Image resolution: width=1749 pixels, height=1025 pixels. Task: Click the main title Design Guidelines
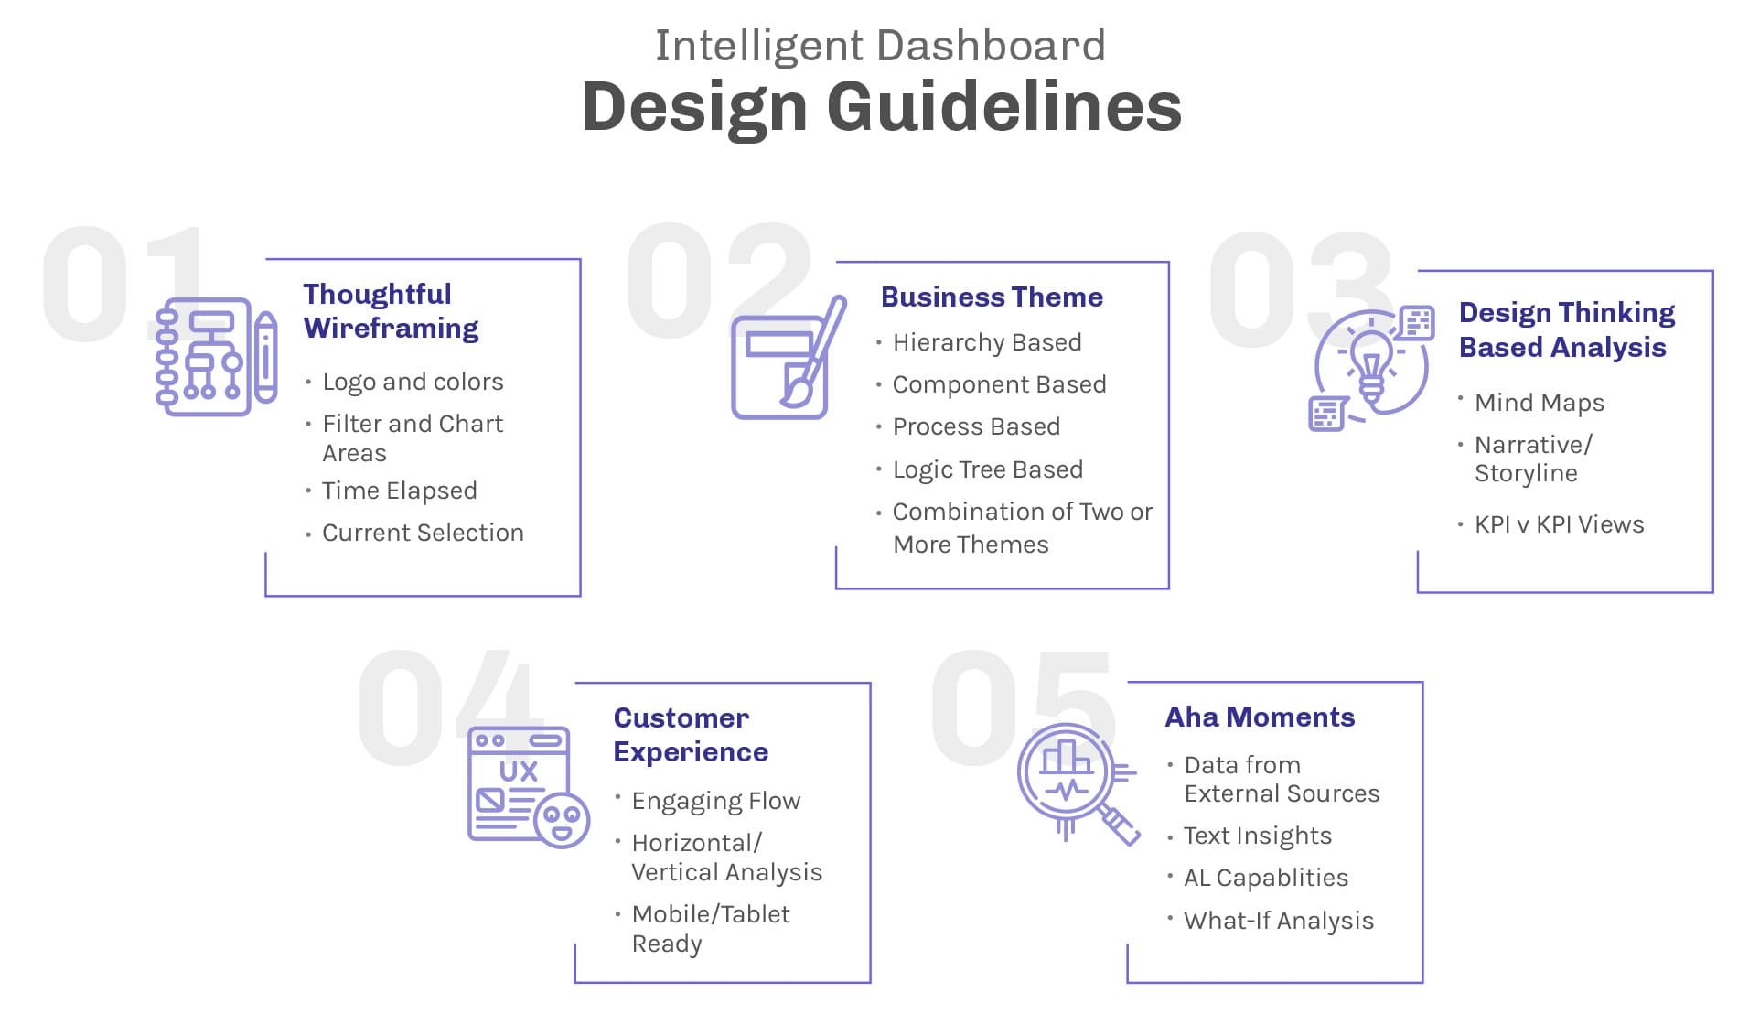881,107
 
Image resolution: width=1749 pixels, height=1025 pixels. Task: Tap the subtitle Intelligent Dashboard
880,46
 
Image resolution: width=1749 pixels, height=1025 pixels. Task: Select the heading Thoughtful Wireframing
391,311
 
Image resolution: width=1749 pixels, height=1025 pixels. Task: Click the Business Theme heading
992,297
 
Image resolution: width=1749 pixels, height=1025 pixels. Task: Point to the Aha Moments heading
1260,717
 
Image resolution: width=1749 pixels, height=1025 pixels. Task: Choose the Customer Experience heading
691,735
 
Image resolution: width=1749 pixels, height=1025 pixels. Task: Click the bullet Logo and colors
413,382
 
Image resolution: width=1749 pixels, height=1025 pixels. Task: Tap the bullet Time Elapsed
399,491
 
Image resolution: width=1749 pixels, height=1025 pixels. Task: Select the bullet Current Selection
423,533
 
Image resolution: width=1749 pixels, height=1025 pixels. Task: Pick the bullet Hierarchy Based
987,342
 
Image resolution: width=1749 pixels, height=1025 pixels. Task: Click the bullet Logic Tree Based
987,469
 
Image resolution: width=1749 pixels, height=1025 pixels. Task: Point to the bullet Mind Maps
1540,403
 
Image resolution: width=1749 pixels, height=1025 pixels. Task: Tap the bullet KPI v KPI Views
1559,524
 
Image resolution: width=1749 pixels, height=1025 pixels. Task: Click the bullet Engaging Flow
715,801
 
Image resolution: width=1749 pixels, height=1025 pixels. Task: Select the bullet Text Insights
1257,836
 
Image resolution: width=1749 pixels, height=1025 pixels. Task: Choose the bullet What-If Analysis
1278,921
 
